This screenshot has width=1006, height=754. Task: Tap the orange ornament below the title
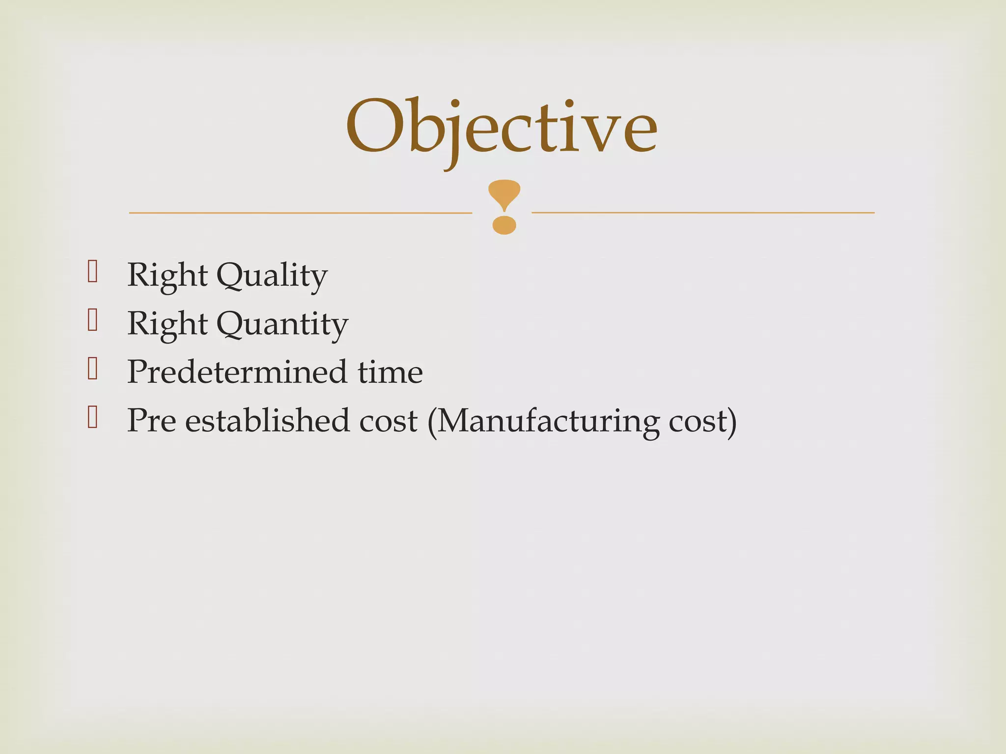click(504, 207)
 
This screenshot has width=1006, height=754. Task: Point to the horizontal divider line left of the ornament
click(300, 213)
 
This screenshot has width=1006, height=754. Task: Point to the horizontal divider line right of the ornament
click(703, 213)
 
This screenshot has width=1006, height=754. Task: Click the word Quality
click(272, 275)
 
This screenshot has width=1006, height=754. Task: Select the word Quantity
click(282, 324)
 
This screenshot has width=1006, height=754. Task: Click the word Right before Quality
click(167, 275)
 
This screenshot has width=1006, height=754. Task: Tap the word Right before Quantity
click(167, 324)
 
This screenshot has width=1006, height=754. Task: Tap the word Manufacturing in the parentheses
click(548, 421)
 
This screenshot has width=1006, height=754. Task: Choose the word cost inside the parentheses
click(698, 421)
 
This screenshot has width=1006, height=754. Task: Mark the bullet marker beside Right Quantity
click(92, 320)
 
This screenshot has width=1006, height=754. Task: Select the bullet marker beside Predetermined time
click(92, 369)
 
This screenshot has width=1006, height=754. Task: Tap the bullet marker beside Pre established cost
click(92, 417)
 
